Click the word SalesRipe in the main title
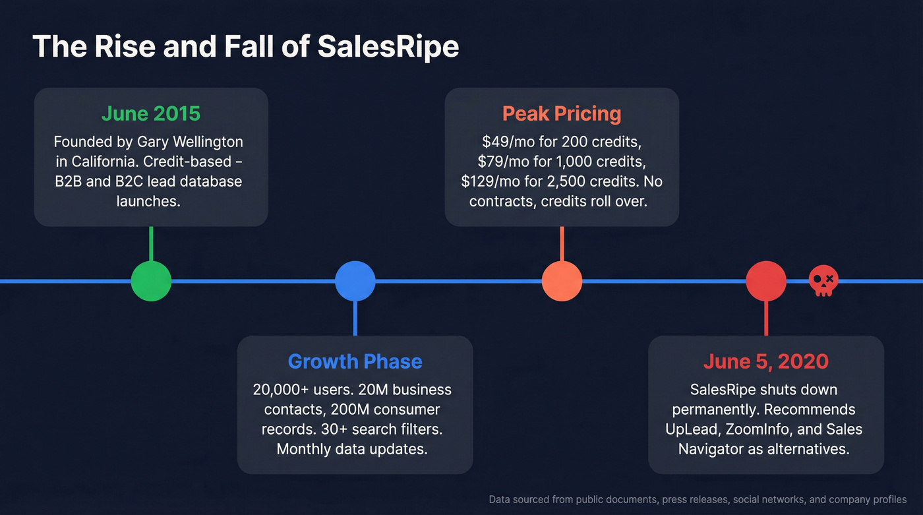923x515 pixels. (x=388, y=47)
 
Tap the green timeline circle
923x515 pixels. (x=151, y=281)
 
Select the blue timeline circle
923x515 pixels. (x=355, y=281)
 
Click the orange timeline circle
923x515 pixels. (x=562, y=281)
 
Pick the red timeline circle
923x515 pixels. (x=766, y=281)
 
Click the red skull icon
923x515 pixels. (x=823, y=281)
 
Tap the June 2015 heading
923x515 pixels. (x=151, y=113)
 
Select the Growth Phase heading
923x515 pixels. (x=355, y=361)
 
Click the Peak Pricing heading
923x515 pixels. (x=562, y=113)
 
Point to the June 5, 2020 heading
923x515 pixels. (x=765, y=361)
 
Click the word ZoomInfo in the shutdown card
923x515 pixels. (x=765, y=429)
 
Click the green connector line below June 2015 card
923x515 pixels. (x=151, y=244)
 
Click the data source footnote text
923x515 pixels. (x=698, y=500)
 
